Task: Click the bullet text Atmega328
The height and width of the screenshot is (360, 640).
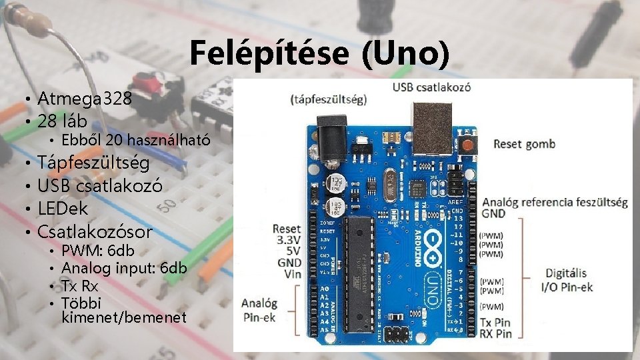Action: (x=85, y=99)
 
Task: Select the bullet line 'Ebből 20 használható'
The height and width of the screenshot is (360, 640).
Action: (x=136, y=140)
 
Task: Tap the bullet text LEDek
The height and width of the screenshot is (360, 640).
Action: (x=63, y=208)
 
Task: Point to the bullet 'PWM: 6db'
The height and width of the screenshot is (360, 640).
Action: (x=98, y=251)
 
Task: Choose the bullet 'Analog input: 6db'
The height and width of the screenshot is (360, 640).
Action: (x=124, y=268)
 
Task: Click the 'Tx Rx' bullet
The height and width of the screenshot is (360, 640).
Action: (x=79, y=285)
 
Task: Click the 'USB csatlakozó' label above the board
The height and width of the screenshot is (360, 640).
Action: (x=431, y=87)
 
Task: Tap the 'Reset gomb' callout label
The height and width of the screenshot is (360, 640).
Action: (x=525, y=144)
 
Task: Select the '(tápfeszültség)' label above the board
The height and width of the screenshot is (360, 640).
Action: (x=329, y=100)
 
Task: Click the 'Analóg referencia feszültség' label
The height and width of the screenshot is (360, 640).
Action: (x=555, y=202)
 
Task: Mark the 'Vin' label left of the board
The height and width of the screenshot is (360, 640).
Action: (x=292, y=275)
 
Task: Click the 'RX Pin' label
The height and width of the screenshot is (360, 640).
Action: (x=495, y=333)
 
